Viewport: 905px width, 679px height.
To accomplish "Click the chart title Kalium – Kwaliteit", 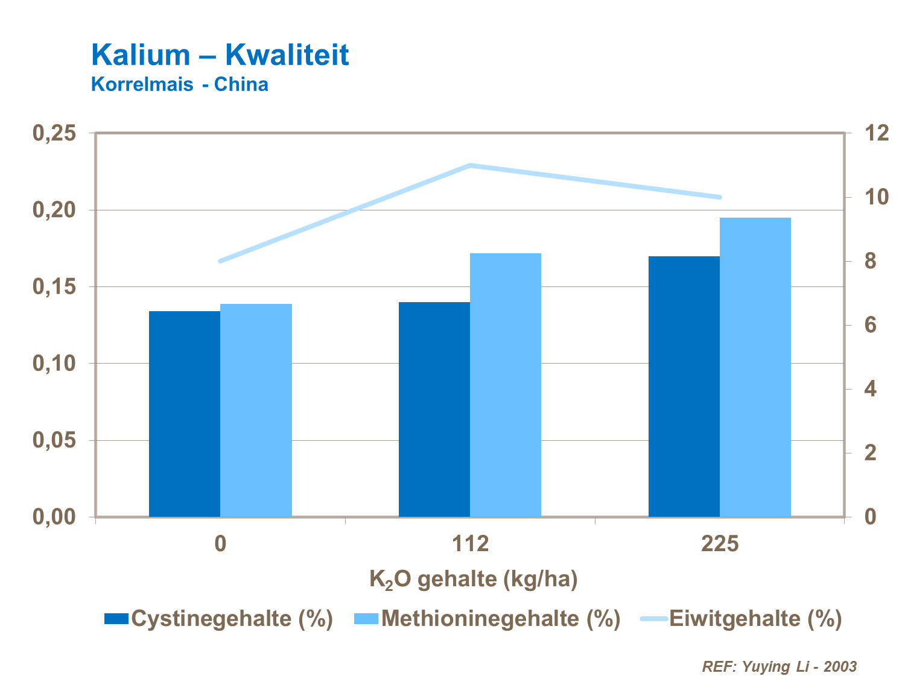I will point(220,55).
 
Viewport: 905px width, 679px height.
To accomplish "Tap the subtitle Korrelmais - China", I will point(179,84).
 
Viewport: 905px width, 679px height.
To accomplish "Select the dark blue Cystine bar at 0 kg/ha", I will point(185,414).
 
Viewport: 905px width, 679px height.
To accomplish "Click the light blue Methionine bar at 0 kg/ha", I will point(256,410).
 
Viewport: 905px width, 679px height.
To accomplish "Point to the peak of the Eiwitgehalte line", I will point(470,165).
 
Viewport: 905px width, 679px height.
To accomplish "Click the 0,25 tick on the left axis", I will point(54,133).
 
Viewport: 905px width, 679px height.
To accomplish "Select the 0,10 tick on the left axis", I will point(54,364).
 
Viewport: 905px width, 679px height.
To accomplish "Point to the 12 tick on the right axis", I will point(876,133).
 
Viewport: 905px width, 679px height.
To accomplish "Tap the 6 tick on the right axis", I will point(870,325).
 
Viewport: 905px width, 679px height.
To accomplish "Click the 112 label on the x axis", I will point(470,544).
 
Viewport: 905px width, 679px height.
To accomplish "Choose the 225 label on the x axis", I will point(720,544).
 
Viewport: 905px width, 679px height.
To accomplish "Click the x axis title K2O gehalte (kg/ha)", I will point(474,580).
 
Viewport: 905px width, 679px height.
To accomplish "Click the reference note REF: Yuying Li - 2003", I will point(779,666).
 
